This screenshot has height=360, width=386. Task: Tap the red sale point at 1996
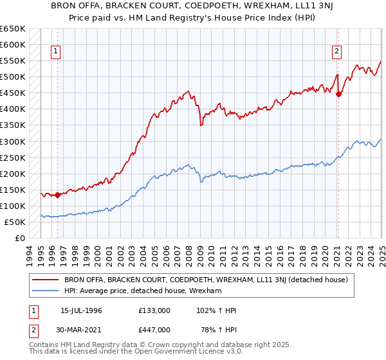tap(57, 195)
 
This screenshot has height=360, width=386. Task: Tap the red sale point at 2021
tap(338, 94)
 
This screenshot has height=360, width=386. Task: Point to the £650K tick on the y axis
tap(13, 29)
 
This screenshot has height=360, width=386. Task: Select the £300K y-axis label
tap(13, 141)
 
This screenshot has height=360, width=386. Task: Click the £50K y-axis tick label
tap(15, 222)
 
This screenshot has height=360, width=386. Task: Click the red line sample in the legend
tap(45, 280)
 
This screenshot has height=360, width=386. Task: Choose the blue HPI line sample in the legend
tap(45, 291)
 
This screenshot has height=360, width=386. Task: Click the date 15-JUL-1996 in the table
tap(81, 310)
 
